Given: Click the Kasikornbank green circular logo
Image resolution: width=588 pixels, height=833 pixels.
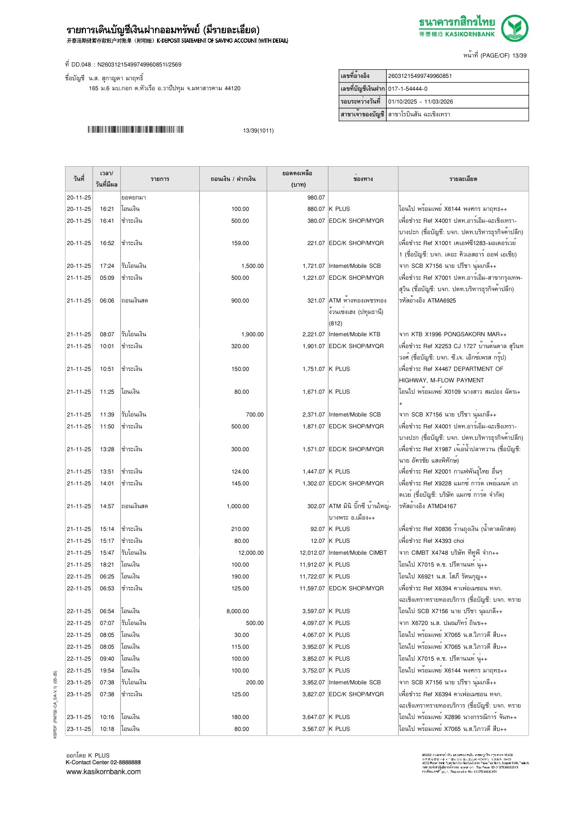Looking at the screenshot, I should [514, 28].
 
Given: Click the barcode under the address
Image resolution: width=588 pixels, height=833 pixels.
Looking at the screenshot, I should [135, 130].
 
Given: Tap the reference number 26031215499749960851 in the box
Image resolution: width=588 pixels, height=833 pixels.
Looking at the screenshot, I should [420, 76].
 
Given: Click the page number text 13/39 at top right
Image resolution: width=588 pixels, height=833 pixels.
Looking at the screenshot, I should [519, 56].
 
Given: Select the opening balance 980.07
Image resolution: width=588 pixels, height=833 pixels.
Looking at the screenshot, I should [316, 198].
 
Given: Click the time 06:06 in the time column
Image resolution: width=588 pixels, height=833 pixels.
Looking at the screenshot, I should [107, 301].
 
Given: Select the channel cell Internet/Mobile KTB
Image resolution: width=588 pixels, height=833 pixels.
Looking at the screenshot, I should [355, 334].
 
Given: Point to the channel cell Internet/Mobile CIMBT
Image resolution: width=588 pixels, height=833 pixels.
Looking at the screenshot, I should [358, 553].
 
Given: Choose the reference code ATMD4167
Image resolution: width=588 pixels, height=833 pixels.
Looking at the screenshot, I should [442, 506].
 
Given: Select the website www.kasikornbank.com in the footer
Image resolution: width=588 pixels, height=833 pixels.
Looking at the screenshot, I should [103, 772].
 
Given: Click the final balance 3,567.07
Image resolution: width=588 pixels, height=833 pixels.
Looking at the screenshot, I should [313, 729].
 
